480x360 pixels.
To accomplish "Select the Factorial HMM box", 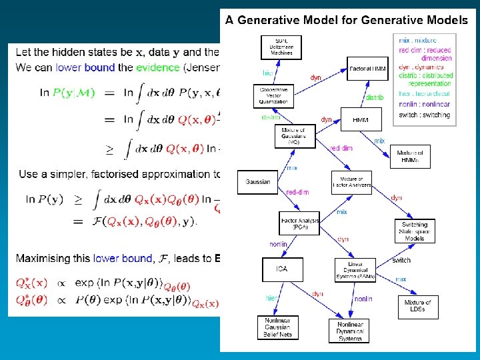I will [x=366, y=69].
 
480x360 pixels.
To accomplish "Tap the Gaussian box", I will [x=258, y=181].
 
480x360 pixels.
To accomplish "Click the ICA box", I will [x=281, y=269].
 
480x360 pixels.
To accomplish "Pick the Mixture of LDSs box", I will [x=418, y=306].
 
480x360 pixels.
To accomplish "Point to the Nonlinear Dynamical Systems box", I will [x=349, y=331].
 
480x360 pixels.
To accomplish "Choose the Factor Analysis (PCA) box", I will [x=299, y=223].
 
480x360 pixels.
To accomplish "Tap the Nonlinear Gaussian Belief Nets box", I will [x=277, y=327].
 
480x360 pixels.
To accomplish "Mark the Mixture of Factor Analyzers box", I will [x=351, y=182].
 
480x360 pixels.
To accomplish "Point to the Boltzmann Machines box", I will [x=281, y=47].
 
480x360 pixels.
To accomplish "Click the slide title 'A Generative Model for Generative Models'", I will [x=346, y=20].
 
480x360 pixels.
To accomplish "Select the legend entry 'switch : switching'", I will [x=423, y=115].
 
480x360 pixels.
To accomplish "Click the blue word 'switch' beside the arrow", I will [x=401, y=260].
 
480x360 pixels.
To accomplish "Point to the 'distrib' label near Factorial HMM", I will [x=374, y=97].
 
